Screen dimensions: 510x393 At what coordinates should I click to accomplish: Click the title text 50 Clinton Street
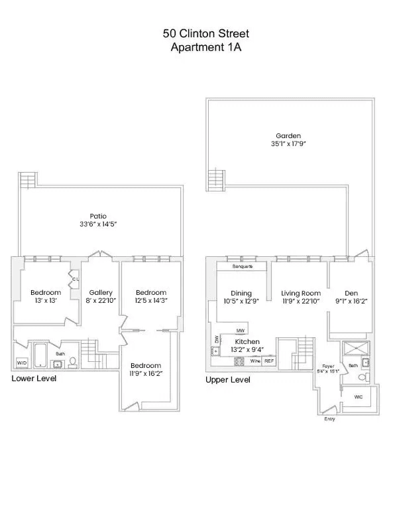[196, 33]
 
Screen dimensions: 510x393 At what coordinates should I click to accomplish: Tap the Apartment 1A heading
[196, 46]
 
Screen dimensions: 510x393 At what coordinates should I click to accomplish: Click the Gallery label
[101, 292]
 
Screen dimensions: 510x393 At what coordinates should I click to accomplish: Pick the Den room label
[351, 293]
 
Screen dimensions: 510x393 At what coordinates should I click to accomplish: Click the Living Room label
[301, 293]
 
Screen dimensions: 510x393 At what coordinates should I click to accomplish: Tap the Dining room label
[241, 293]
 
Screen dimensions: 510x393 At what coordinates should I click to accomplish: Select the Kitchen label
[246, 341]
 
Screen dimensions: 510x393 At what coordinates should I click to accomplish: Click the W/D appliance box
[22, 363]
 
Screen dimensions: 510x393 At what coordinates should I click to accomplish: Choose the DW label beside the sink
[217, 339]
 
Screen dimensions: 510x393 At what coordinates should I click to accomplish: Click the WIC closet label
[359, 396]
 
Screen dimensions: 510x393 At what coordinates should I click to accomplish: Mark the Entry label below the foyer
[329, 420]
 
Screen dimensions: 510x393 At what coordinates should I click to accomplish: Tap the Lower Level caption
[34, 379]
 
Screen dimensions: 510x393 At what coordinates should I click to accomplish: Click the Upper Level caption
[228, 381]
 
